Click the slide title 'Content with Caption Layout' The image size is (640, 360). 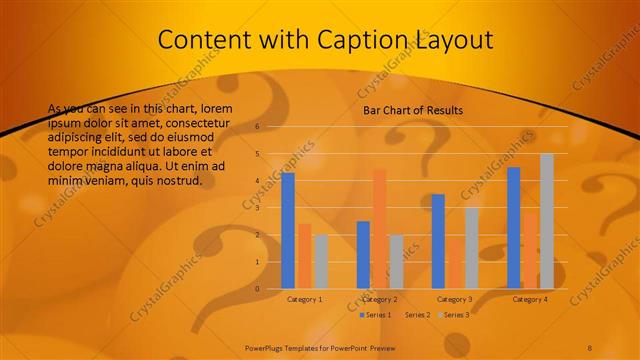tap(326, 40)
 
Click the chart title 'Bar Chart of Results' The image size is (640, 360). tap(412, 110)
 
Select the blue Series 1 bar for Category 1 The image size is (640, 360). tap(288, 230)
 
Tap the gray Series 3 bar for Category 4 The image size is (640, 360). tap(547, 221)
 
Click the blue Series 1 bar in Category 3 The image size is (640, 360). tap(438, 241)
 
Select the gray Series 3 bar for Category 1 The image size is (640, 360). tap(321, 261)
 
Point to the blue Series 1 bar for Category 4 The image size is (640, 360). tap(514, 227)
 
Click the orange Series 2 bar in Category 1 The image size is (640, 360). tap(304, 255)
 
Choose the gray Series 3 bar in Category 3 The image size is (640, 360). tap(471, 248)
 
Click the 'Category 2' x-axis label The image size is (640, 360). tap(379, 299)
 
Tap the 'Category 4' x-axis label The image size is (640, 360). tap(529, 299)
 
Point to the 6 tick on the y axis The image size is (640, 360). tap(257, 127)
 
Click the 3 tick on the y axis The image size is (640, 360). tap(257, 208)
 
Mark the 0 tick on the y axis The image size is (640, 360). tap(257, 289)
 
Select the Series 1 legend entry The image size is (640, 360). tap(375, 315)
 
